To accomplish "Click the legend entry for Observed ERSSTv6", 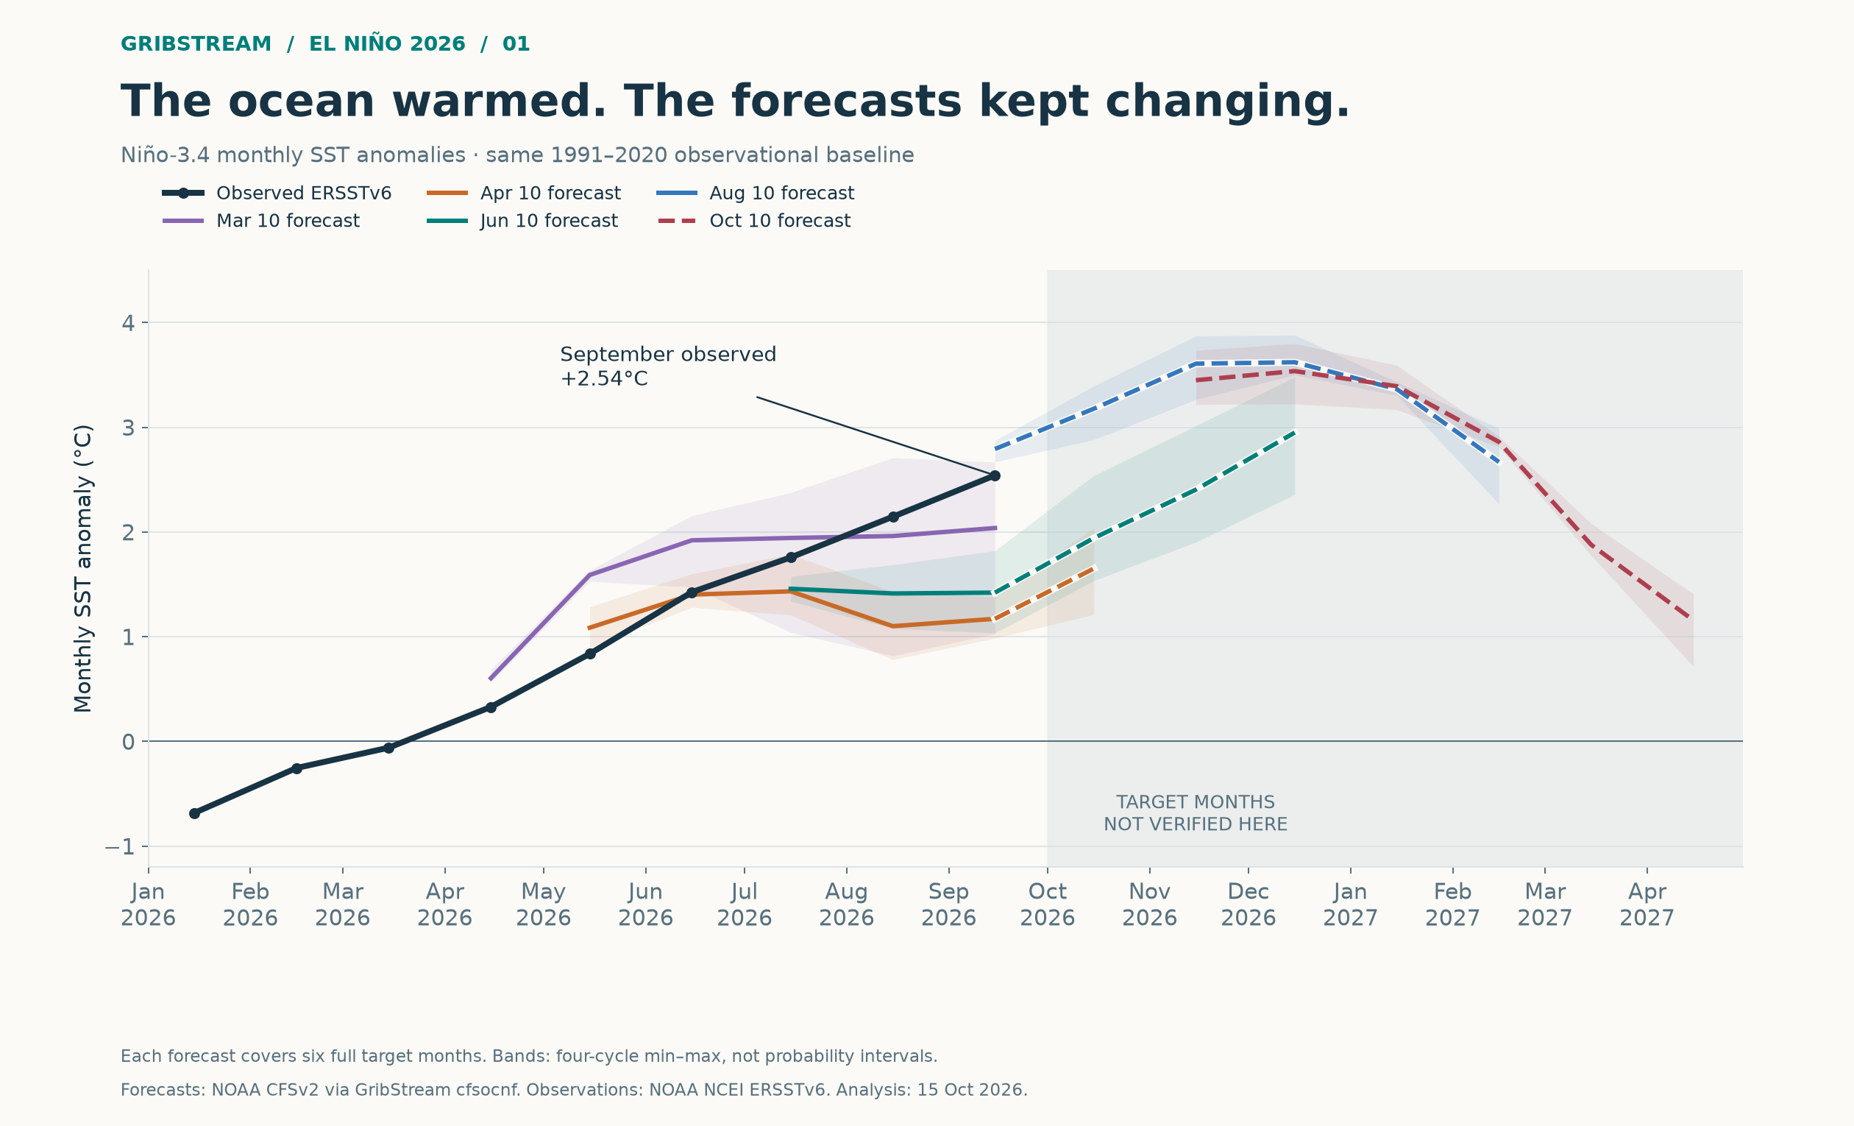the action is point(277,194).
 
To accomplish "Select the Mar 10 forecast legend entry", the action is point(261,222).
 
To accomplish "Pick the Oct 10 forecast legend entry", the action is point(754,222).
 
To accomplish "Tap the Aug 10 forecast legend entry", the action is point(756,194).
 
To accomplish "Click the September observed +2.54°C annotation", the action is point(667,367).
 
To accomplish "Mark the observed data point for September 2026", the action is point(995,475).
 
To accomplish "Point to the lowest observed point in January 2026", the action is point(194,814).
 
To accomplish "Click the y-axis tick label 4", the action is point(128,324).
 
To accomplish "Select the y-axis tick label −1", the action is point(120,848).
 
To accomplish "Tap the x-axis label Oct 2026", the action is point(1048,904).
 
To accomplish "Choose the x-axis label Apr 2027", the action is point(1647,904).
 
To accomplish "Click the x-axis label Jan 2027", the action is point(1351,904).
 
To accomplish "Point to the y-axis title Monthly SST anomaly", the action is point(84,568).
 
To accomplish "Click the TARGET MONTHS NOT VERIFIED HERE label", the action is point(1196,814).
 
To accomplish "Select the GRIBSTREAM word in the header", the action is point(196,44).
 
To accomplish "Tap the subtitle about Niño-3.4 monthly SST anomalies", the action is point(517,155).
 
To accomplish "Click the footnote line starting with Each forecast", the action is point(529,1056).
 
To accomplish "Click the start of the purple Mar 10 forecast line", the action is point(490,680).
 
